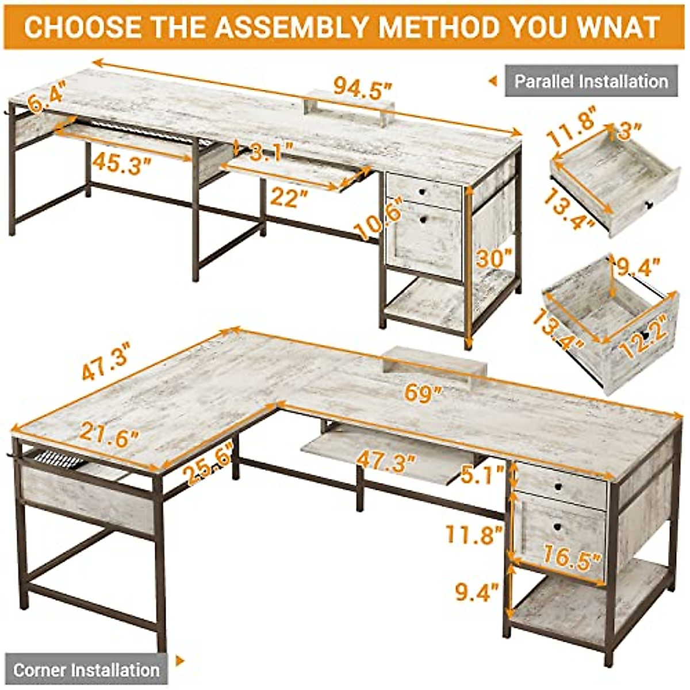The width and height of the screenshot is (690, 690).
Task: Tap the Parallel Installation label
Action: (591, 81)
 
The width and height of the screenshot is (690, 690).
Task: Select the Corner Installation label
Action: (86, 670)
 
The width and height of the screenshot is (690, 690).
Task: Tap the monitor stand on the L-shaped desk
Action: (435, 364)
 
